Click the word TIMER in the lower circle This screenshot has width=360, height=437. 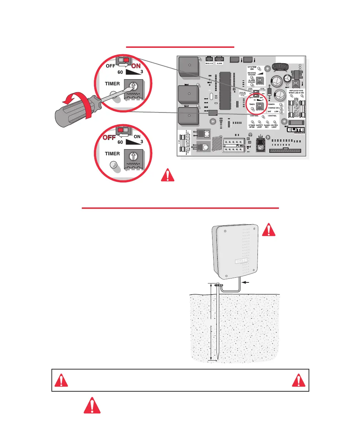click(112, 154)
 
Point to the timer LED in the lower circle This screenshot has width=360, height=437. click(113, 165)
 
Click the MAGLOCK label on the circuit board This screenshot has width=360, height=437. click(210, 63)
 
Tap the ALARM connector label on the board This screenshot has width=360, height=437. click(220, 63)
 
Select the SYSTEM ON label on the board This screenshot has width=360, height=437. click(252, 68)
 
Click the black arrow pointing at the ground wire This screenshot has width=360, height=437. click(247, 282)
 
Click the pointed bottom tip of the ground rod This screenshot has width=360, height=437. click(217, 361)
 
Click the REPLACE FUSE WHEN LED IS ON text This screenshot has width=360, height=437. click(295, 92)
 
